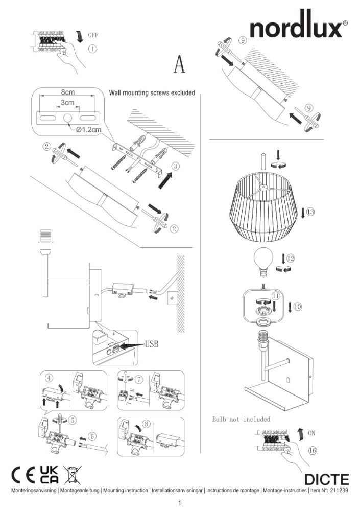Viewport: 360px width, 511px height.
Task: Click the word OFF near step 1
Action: [93, 35]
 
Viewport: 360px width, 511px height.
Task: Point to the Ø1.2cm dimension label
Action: [87, 130]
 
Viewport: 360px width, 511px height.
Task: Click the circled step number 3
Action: [175, 166]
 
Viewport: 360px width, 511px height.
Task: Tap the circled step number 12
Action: [290, 259]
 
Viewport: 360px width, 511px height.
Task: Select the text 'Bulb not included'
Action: [241, 419]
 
